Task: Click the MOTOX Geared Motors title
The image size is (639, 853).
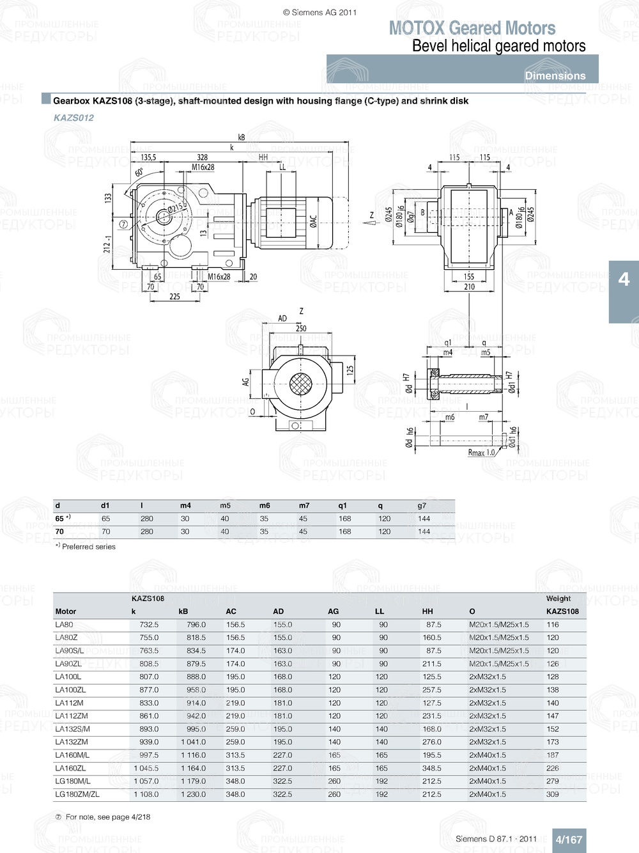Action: (472, 28)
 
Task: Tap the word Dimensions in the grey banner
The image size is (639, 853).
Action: (555, 75)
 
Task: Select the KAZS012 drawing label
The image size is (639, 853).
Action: (73, 118)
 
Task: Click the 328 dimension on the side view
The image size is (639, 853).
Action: (202, 157)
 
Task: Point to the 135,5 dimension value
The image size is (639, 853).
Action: (148, 157)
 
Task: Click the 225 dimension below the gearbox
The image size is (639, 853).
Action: (174, 297)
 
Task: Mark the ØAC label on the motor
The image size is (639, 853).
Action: (313, 221)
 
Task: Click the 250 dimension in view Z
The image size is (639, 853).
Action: (301, 328)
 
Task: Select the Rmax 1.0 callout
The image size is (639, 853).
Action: (481, 453)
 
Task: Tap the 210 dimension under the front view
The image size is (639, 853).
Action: (469, 287)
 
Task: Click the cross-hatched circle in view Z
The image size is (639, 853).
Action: (300, 384)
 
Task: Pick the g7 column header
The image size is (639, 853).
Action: (422, 505)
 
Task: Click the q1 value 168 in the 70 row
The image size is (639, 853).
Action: (344, 531)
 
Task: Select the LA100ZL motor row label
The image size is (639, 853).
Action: (70, 690)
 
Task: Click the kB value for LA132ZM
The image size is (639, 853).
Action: (193, 742)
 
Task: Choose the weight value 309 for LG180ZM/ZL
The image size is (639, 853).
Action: (552, 794)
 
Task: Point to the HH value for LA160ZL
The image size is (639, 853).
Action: (431, 768)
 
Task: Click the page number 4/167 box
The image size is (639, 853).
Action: (568, 840)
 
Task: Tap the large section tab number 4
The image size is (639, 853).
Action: (624, 279)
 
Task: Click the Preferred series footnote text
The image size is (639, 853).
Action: (88, 547)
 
